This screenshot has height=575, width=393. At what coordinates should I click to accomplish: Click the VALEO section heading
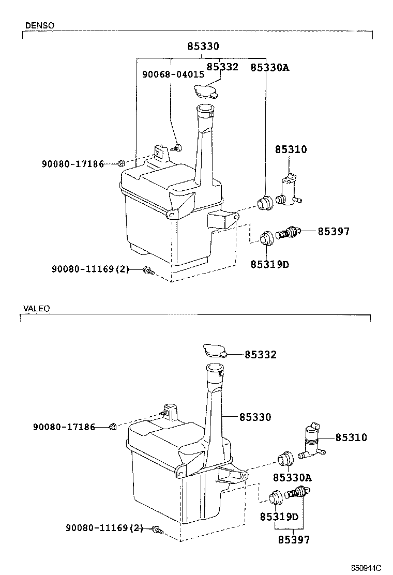[36, 309]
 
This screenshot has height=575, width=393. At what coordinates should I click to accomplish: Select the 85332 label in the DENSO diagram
[222, 67]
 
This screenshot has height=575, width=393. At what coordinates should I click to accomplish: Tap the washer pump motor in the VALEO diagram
[312, 440]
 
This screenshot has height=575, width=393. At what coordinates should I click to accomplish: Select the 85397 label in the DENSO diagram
[334, 232]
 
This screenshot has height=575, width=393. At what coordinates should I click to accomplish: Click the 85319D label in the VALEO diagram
[279, 517]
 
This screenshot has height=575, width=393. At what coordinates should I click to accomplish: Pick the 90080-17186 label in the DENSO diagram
[72, 164]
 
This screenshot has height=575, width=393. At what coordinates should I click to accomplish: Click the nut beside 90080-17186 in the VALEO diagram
[112, 427]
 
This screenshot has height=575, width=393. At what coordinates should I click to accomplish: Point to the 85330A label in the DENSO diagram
[269, 67]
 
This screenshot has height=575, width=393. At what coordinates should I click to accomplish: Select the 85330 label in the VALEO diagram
[255, 417]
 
